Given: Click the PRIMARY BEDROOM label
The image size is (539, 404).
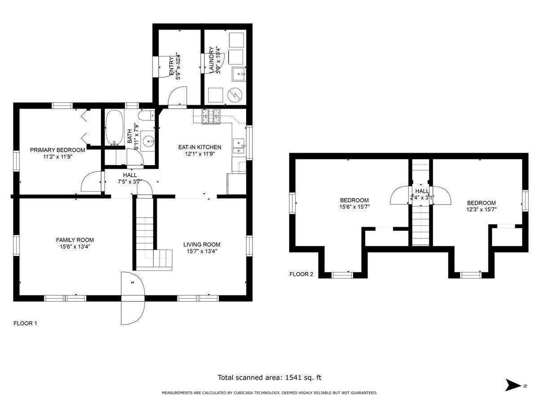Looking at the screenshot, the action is tap(57, 150).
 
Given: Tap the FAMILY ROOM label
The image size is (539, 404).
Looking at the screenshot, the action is tap(75, 240).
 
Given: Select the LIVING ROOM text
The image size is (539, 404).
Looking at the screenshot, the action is tap(202, 245).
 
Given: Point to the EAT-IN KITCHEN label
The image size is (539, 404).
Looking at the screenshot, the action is tap(199, 147).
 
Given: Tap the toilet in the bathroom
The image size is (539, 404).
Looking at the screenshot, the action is tap(146, 115).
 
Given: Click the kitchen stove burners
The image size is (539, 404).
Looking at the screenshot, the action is tap(211, 116).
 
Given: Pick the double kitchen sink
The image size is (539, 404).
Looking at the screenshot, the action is tap(239, 146).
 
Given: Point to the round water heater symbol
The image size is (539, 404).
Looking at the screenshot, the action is tap(235, 95).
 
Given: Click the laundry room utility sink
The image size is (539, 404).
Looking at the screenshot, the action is tap(239, 74).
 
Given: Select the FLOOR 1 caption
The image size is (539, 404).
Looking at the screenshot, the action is tap(25, 323).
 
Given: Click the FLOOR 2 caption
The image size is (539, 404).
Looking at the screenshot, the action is tap(301, 274).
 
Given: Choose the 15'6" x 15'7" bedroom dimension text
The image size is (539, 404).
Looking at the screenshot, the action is tap(354, 207).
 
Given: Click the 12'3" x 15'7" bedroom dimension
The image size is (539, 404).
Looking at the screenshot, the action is tap(482, 210).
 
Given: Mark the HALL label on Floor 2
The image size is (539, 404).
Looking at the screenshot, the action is tap(422, 191).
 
